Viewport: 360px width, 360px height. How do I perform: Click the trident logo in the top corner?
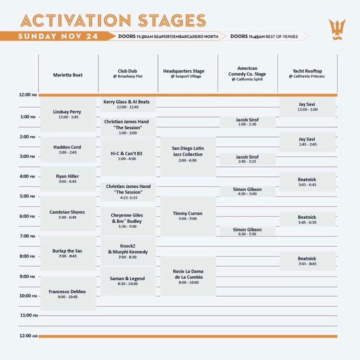337,30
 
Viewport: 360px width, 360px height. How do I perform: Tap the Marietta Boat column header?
68,75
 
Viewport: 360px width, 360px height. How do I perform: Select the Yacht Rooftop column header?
307,73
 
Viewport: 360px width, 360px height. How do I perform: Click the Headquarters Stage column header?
184,73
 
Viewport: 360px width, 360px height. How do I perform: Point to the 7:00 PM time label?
27,236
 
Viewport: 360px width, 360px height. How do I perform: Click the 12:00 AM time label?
28,336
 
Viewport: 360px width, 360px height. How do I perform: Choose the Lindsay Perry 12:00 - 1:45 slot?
68,114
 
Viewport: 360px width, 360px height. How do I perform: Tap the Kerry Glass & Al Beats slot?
128,104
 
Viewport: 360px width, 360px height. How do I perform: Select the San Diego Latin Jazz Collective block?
188,156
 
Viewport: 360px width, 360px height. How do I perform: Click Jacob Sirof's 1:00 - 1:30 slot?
247,122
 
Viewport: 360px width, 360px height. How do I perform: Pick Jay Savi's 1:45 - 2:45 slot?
307,142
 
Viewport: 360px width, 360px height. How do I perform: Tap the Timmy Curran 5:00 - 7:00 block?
188,216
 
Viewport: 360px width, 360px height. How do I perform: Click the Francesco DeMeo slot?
68,294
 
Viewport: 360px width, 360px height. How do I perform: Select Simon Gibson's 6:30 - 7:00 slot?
247,231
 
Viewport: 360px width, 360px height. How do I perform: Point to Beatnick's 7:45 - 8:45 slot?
307,261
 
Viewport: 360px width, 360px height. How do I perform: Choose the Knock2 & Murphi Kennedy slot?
128,252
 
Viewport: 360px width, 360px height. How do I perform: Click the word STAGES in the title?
172,20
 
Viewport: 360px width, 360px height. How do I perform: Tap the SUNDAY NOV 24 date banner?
58,36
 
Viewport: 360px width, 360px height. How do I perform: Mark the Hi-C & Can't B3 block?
128,156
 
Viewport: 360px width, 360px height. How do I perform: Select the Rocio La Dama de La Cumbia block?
188,276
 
